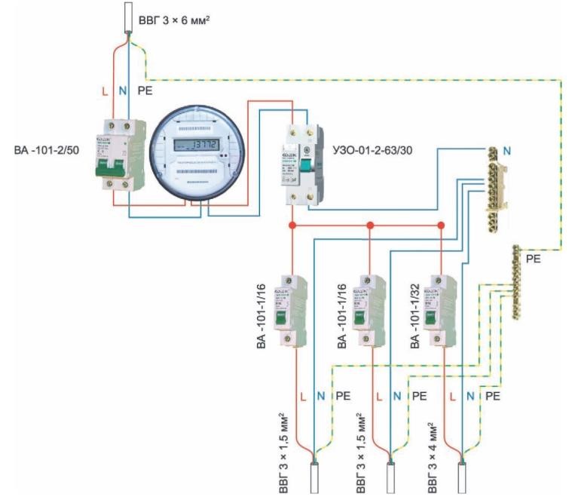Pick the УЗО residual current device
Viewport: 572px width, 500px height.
point(305,164)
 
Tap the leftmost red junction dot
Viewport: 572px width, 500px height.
point(292,225)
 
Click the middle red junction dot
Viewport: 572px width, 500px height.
point(370,225)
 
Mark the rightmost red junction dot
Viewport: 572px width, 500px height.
point(441,225)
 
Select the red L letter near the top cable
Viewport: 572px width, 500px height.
point(104,91)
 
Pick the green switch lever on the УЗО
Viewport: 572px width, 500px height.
point(307,165)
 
